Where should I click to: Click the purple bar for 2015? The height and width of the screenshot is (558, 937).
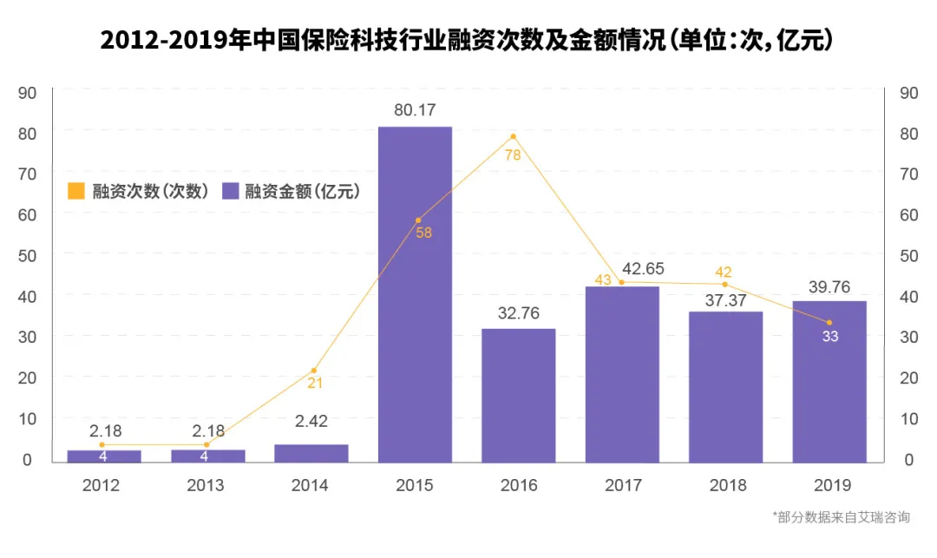415,295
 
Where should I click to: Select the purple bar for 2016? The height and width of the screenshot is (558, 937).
519,396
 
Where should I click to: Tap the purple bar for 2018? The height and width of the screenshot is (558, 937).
726,387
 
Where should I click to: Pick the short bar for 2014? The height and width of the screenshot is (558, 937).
311,454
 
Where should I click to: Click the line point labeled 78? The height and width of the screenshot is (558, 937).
514,137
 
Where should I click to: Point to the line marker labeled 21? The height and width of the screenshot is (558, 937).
314,371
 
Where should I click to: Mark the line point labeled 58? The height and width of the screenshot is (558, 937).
417,220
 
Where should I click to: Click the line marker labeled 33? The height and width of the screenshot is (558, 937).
829,323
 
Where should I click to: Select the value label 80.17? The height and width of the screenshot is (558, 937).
415,111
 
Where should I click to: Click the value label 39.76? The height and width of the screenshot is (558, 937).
829,286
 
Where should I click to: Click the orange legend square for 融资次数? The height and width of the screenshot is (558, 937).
77,191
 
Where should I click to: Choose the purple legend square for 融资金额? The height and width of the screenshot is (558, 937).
231,191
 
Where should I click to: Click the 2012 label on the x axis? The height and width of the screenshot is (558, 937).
101,485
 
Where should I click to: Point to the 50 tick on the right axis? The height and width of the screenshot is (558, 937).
909,255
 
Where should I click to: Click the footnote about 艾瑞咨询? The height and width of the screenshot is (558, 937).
841,517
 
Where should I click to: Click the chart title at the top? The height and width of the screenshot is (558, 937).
468,40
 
